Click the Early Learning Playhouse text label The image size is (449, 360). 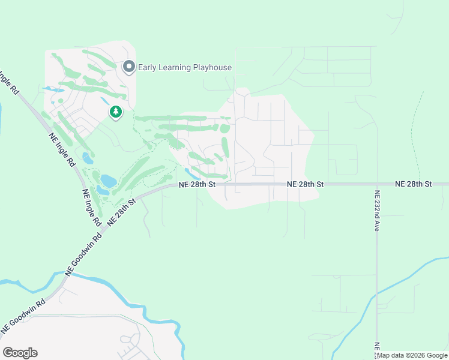coord(185,67)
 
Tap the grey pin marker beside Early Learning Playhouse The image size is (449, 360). coord(128,67)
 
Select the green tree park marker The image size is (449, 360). coord(115,112)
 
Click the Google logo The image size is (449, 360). coord(20,353)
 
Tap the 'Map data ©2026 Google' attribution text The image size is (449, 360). coord(412,355)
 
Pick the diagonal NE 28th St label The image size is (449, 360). coord(122,212)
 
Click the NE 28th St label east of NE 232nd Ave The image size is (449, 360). coord(414,183)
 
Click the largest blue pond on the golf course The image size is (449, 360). coord(109,180)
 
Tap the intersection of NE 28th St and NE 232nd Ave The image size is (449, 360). coord(376,184)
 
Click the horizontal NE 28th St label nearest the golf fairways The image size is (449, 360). coord(197,184)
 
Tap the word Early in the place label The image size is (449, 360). coord(148,67)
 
